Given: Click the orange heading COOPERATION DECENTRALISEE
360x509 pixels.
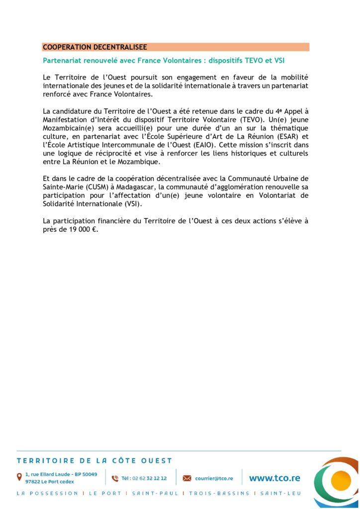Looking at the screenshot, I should [x=95, y=47].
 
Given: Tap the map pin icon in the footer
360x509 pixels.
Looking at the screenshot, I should [x=19, y=477].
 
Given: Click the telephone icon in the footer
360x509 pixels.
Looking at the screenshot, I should [x=115, y=478].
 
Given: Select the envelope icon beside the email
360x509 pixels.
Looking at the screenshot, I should [x=187, y=478].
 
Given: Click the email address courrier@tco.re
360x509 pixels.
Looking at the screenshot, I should [x=214, y=478].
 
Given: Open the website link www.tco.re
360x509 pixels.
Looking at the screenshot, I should [x=274, y=478].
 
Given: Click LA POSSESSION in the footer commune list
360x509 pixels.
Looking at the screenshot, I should [x=47, y=494].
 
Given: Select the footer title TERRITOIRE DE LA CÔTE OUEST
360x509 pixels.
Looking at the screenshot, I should [x=94, y=461].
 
